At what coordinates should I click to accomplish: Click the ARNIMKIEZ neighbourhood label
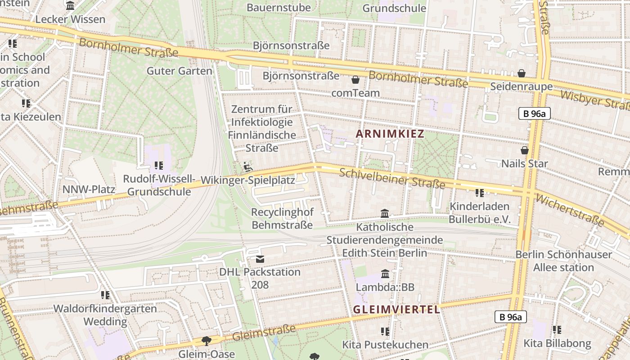pyautogui.click(x=390, y=134)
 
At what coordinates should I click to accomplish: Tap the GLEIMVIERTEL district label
pyautogui.click(x=396, y=310)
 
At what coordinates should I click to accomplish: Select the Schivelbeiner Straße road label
pyautogui.click(x=392, y=178)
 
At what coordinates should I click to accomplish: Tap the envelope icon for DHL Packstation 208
pyautogui.click(x=260, y=259)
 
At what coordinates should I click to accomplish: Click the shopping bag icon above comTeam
pyautogui.click(x=355, y=80)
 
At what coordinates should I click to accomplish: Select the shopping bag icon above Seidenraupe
pyautogui.click(x=522, y=73)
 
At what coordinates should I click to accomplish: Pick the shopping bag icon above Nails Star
pyautogui.click(x=524, y=150)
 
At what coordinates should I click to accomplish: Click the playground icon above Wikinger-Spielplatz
pyautogui.click(x=248, y=167)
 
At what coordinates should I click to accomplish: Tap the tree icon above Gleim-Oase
pyautogui.click(x=207, y=341)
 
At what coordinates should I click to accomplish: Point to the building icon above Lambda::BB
pyautogui.click(x=385, y=274)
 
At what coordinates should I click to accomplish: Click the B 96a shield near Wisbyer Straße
pyautogui.click(x=534, y=113)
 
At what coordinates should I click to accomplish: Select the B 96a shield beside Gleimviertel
pyautogui.click(x=511, y=317)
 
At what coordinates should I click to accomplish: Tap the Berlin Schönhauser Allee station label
pyautogui.click(x=563, y=261)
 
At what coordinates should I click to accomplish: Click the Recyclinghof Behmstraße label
pyautogui.click(x=282, y=219)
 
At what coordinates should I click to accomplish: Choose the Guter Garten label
pyautogui.click(x=180, y=71)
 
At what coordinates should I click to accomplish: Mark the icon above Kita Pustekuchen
pyautogui.click(x=385, y=332)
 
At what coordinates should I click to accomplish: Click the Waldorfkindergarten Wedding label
pyautogui.click(x=105, y=315)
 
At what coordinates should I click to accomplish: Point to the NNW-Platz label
pyautogui.click(x=89, y=189)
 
